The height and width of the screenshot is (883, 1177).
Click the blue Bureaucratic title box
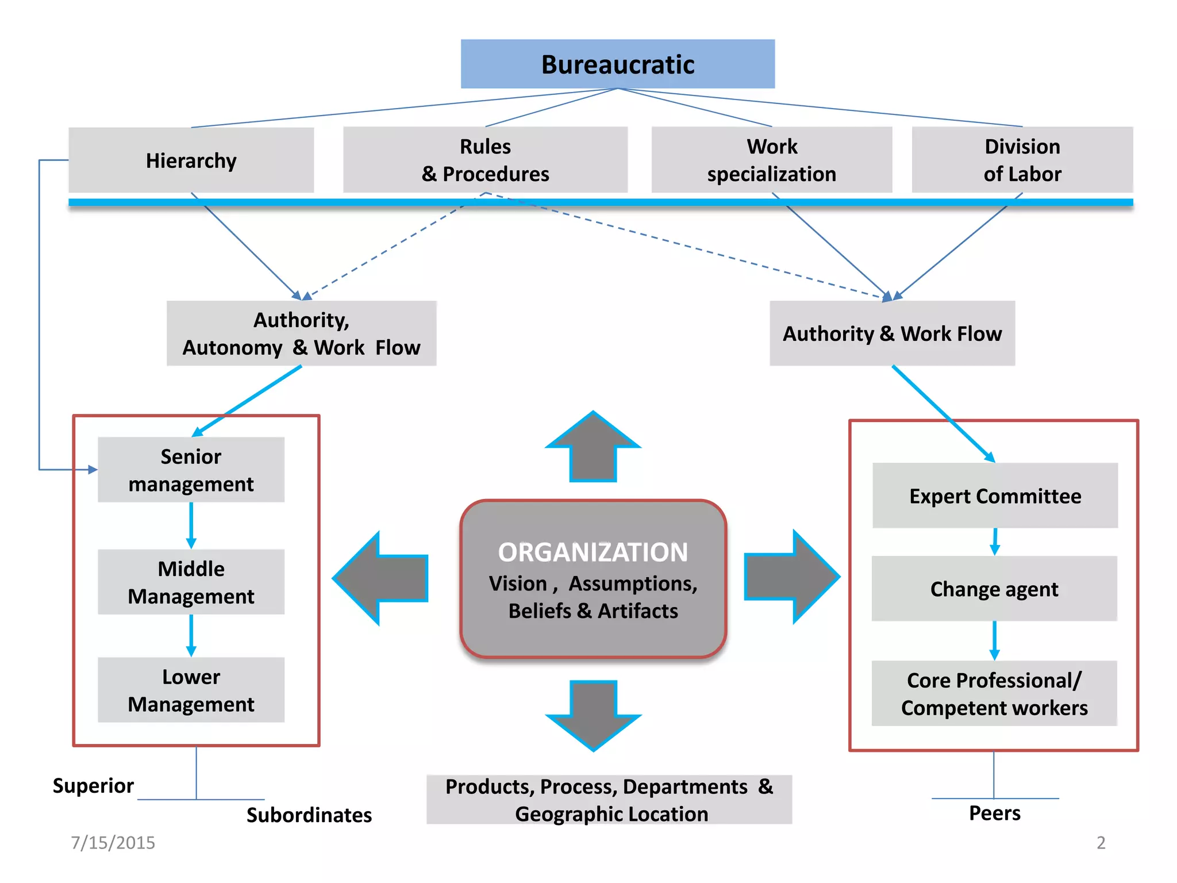click(x=617, y=64)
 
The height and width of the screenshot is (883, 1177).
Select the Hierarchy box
click(x=191, y=160)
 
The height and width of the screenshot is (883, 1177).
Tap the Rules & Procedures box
click(x=485, y=160)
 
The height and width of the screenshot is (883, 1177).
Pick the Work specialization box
click(x=771, y=160)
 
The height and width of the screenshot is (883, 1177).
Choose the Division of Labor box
click(x=1022, y=160)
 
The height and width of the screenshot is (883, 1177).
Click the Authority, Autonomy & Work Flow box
click(x=301, y=333)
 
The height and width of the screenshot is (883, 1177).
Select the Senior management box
click(x=191, y=470)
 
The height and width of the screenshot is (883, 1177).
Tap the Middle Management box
click(x=191, y=582)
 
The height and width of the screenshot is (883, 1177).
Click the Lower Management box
click(x=191, y=690)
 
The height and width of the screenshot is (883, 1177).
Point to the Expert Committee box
click(x=995, y=496)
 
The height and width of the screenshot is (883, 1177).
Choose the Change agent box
click(x=994, y=589)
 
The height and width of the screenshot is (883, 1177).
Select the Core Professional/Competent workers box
click(x=994, y=693)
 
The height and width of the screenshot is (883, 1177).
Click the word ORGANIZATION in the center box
click(x=593, y=552)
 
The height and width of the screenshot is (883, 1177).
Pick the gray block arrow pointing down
click(x=593, y=713)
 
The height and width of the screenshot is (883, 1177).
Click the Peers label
click(x=995, y=813)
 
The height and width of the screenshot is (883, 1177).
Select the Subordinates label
click(x=309, y=815)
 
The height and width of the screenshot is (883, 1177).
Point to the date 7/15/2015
click(x=113, y=842)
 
